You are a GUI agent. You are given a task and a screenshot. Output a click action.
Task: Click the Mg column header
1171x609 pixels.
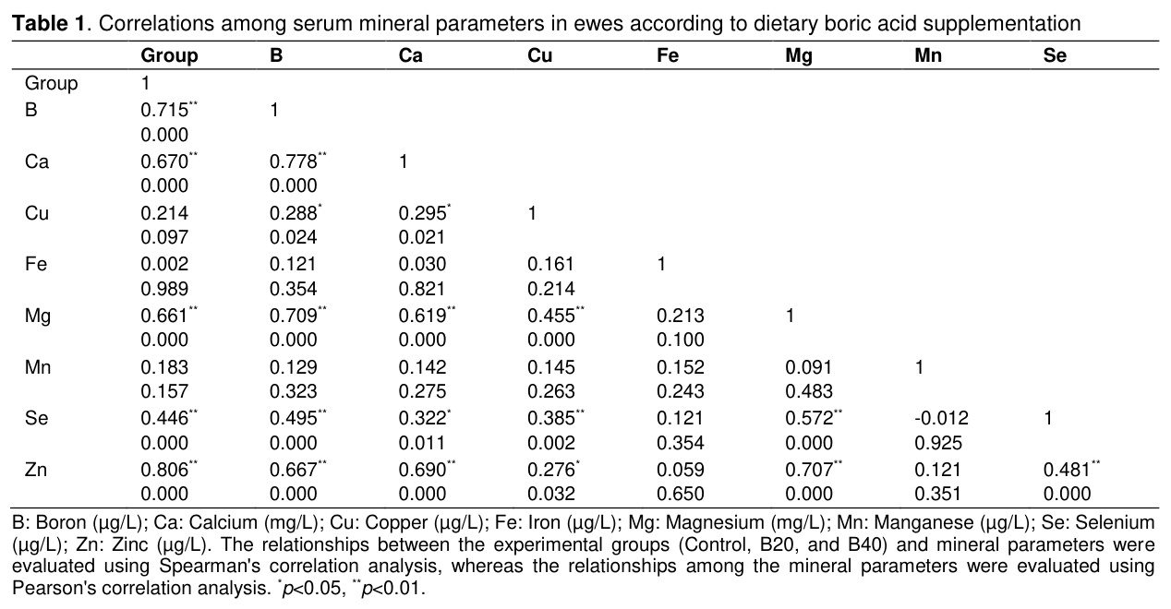[798, 55]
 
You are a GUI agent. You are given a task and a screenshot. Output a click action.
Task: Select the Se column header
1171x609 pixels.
[1055, 55]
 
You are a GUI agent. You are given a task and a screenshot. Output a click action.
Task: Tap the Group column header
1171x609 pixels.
[169, 56]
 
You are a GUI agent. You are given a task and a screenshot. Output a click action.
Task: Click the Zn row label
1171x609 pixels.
[35, 470]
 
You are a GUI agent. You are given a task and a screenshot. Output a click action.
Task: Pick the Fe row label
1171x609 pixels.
[35, 264]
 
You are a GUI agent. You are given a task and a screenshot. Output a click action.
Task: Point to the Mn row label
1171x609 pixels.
[37, 367]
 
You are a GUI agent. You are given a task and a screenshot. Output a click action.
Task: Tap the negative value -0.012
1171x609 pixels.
[941, 418]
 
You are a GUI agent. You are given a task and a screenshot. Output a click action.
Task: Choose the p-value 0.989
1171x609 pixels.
[164, 289]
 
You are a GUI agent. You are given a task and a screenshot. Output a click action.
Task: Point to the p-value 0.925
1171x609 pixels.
[938, 443]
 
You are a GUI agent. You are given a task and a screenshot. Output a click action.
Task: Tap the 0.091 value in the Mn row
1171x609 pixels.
[808, 367]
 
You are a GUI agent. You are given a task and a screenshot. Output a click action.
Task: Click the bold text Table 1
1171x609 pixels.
[48, 23]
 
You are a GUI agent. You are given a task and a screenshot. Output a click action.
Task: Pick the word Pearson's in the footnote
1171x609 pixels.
[54, 588]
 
